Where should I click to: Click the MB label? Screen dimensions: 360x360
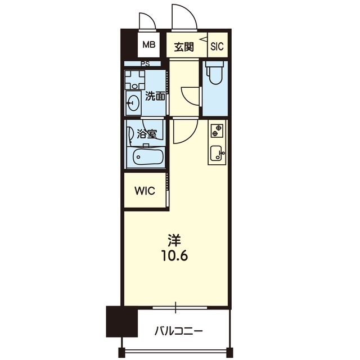click(x=148, y=44)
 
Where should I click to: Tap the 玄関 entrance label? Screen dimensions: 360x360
click(x=184, y=47)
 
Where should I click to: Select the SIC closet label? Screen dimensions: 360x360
click(x=217, y=47)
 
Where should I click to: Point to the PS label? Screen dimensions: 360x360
click(x=145, y=64)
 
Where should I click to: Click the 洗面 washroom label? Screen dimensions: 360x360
click(x=155, y=96)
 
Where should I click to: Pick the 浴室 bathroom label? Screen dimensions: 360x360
click(x=147, y=134)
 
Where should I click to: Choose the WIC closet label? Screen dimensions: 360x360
click(x=145, y=191)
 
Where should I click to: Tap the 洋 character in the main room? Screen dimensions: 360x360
click(x=174, y=240)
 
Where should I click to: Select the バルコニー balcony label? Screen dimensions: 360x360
click(x=179, y=331)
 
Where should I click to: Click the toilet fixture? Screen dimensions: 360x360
click(x=214, y=73)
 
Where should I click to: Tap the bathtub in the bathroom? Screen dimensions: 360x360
click(x=146, y=157)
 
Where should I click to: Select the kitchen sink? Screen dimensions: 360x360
click(x=217, y=152)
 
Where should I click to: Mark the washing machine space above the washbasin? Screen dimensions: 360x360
click(x=135, y=80)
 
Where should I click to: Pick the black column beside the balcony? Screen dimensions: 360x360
click(x=121, y=321)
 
